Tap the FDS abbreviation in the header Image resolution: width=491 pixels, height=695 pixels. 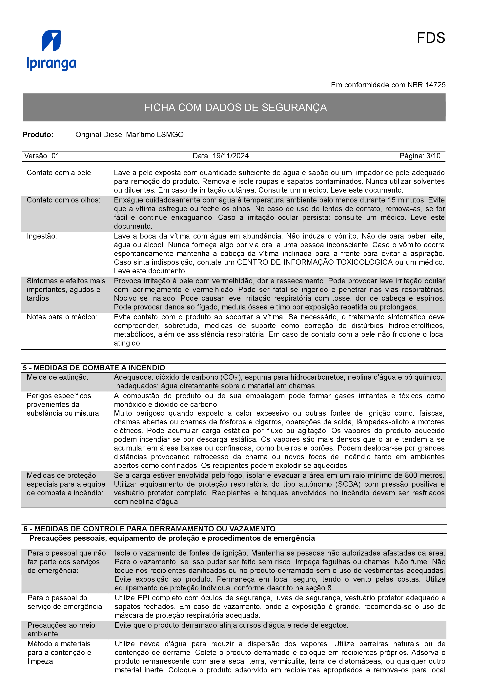pos(431,38)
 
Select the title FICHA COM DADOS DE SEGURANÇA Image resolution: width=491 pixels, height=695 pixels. pos(235,107)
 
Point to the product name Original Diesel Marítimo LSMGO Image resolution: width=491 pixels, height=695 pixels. pos(130,135)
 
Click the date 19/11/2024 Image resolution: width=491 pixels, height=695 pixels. pos(231,156)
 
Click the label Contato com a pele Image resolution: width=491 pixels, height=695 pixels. pos(60,173)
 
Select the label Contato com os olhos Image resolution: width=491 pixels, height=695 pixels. pos(63,200)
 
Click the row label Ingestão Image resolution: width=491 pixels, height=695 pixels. pos(42,236)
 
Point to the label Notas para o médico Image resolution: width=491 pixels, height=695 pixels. pos(62,317)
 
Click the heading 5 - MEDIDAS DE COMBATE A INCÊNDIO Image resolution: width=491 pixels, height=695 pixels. pos(94,368)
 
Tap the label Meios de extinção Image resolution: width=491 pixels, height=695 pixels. pos(57,377)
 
